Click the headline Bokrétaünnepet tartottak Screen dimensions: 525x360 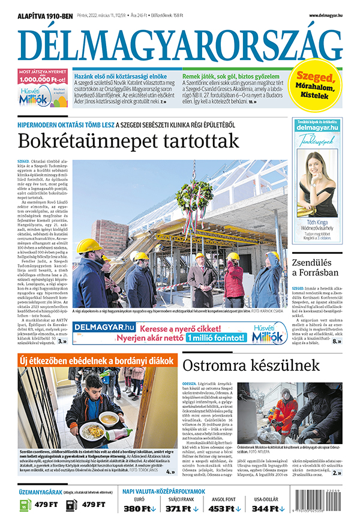tap(128, 142)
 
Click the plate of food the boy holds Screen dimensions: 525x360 tap(93, 431)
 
